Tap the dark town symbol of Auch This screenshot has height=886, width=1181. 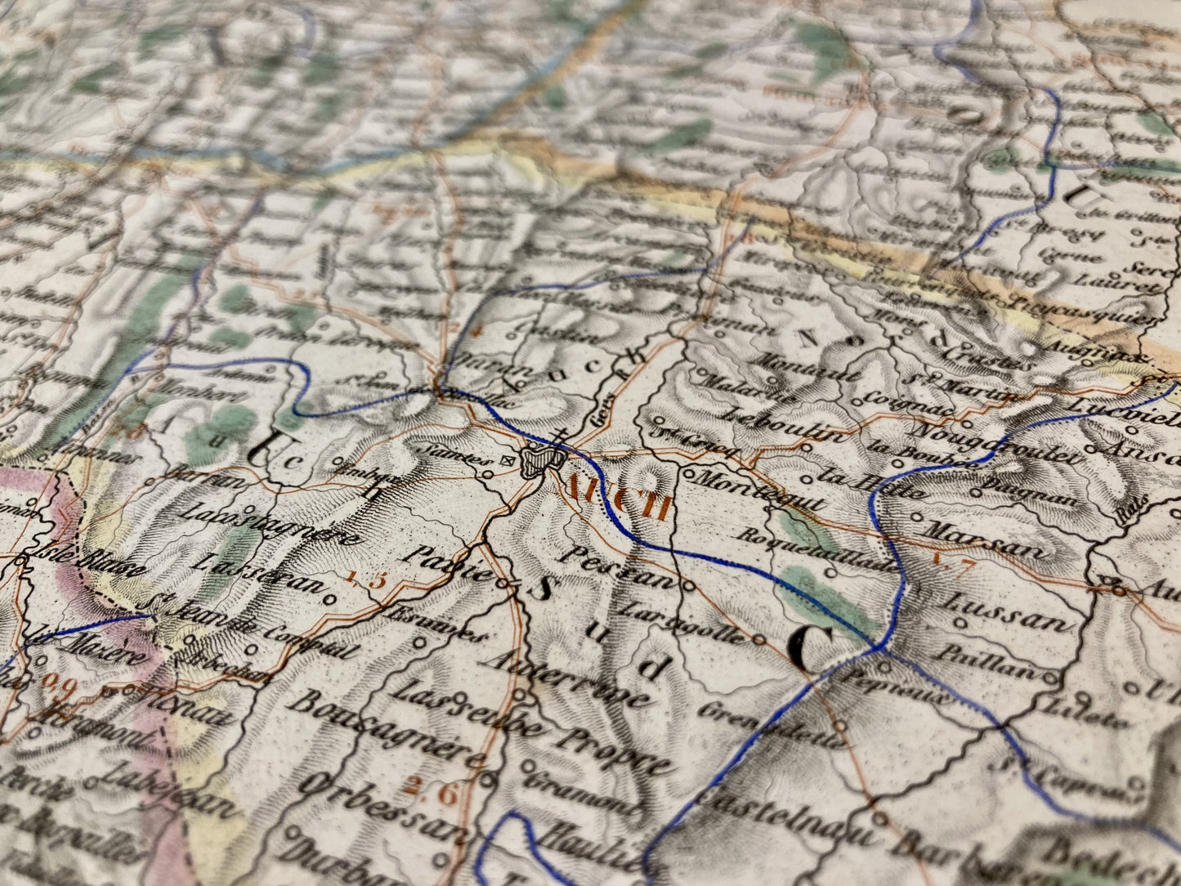pyautogui.click(x=540, y=461)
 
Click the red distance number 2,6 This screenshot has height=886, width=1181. pyautogui.click(x=430, y=790)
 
